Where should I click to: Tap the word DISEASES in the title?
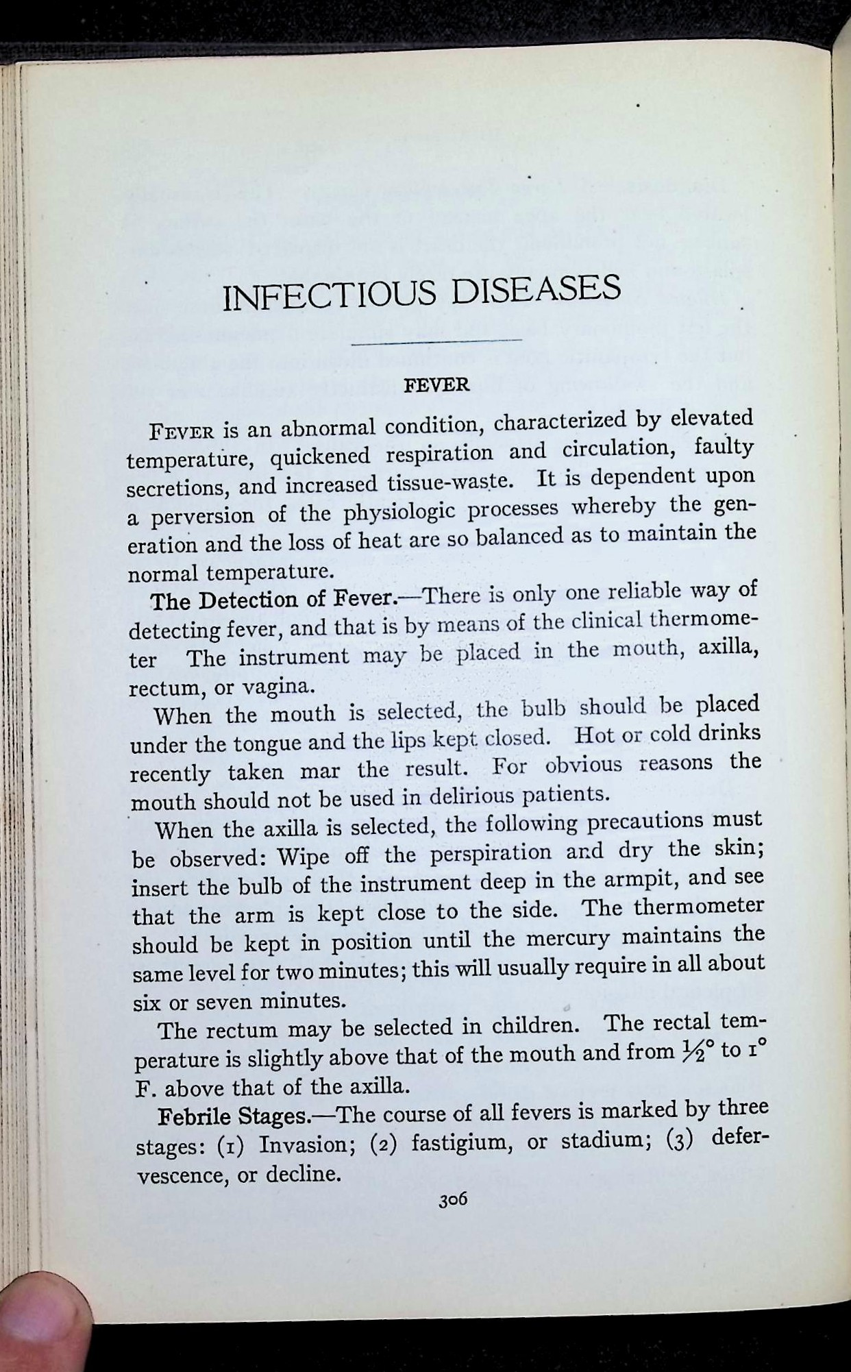[x=536, y=289]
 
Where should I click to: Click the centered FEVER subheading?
[x=437, y=385]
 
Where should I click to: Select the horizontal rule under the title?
[x=436, y=340]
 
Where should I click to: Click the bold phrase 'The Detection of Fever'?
[x=273, y=600]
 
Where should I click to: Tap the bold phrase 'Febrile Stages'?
[x=234, y=1116]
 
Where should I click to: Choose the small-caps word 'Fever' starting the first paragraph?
[x=183, y=432]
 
